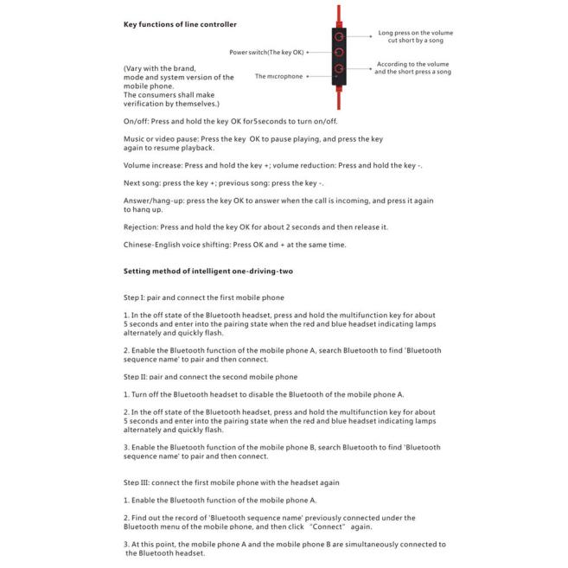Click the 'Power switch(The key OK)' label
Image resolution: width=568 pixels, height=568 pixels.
(x=266, y=52)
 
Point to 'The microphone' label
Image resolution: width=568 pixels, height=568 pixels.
(x=278, y=76)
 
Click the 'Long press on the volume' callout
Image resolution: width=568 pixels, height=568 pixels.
(x=415, y=33)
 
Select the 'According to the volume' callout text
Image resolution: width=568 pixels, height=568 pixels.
(x=412, y=64)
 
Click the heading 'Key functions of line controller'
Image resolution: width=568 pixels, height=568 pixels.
(x=180, y=24)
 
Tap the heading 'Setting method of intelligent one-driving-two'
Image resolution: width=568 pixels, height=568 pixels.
(x=207, y=271)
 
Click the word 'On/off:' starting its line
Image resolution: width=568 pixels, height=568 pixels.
(x=136, y=121)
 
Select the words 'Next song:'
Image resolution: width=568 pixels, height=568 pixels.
(x=141, y=182)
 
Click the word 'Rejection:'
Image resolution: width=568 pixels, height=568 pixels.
(x=141, y=227)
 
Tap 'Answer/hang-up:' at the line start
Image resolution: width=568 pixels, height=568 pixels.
(x=153, y=201)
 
